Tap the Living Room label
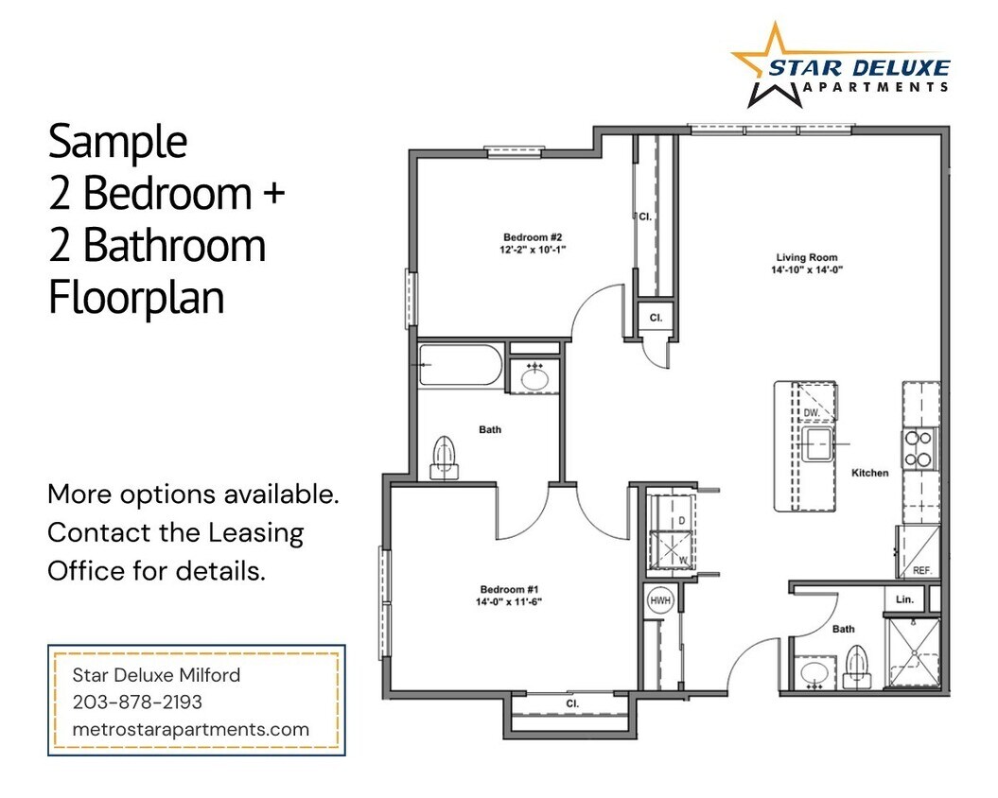(806, 257)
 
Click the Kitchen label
(869, 472)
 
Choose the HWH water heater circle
(659, 599)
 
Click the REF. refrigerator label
(922, 571)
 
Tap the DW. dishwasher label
(811, 414)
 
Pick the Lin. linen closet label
(903, 599)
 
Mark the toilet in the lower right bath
(857, 664)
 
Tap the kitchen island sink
(816, 442)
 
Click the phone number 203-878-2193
(136, 703)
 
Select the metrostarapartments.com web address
(191, 729)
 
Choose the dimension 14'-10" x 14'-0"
(806, 269)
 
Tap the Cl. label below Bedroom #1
(572, 704)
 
